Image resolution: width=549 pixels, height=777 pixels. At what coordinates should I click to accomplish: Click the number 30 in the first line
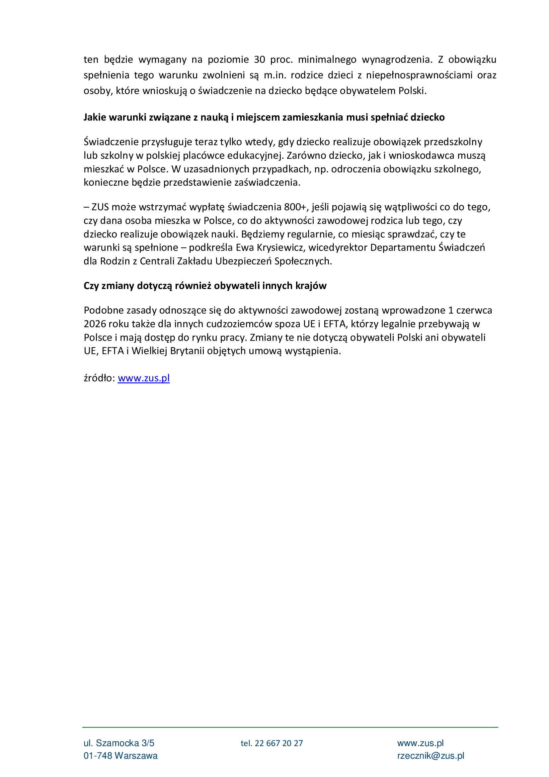tap(259, 59)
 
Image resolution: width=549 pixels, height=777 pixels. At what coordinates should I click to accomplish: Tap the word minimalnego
tap(327, 59)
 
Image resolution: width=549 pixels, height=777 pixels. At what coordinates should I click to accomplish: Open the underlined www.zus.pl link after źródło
tap(144, 378)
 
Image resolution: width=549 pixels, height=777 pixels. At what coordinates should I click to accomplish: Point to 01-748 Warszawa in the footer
tap(121, 756)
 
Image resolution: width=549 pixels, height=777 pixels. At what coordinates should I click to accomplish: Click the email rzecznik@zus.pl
tap(431, 756)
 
